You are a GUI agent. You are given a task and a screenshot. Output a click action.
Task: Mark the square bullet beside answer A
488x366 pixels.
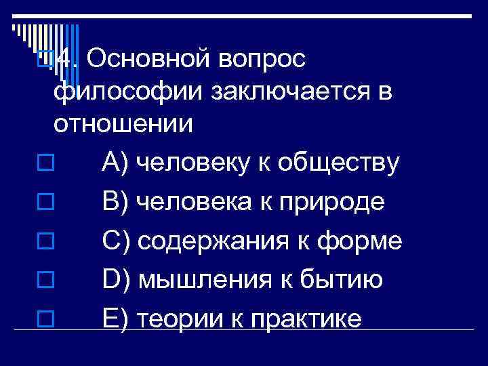[x=45, y=163]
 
